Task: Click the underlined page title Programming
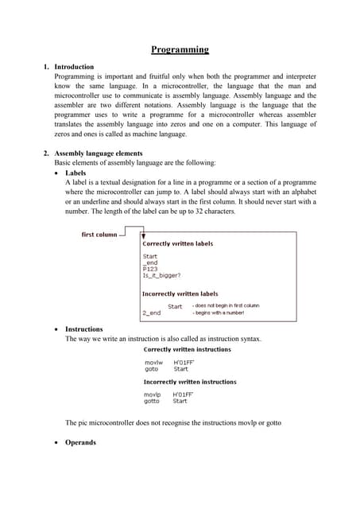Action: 180,49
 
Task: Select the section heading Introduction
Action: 74,67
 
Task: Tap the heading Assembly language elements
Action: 98,153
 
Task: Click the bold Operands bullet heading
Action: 80,442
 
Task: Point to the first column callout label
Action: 99,235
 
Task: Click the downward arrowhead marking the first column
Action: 141,236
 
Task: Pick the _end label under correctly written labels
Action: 150,262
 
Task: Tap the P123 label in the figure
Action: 150,269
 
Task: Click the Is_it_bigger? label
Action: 161,276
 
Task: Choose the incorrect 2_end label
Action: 151,313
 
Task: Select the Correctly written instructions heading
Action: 187,348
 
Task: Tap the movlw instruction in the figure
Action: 153,362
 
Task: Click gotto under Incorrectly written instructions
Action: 152,401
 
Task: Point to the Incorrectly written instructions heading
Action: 189,382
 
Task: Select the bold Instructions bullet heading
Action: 84,328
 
